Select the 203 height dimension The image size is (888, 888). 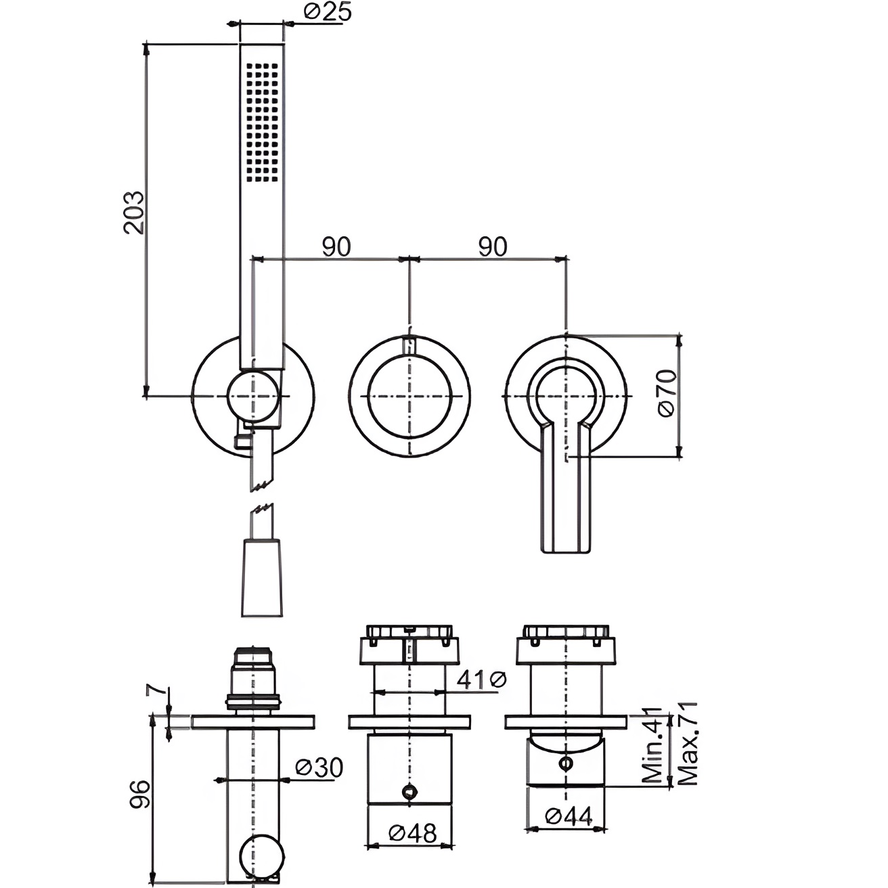tap(134, 213)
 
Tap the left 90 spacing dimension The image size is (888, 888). tap(336, 247)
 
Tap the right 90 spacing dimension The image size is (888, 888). tap(493, 247)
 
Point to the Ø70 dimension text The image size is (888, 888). tap(667, 393)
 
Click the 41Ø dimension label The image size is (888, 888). tap(481, 680)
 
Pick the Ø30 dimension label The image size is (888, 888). tap(319, 768)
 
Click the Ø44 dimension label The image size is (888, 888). tap(569, 816)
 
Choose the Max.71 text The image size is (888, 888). tap(687, 743)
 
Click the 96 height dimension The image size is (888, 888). tap(139, 794)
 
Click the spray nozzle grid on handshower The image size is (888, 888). tap(263, 123)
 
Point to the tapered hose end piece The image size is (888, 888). tap(261, 577)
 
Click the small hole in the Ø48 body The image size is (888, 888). tap(409, 791)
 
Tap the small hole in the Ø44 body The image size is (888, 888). tap(565, 763)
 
